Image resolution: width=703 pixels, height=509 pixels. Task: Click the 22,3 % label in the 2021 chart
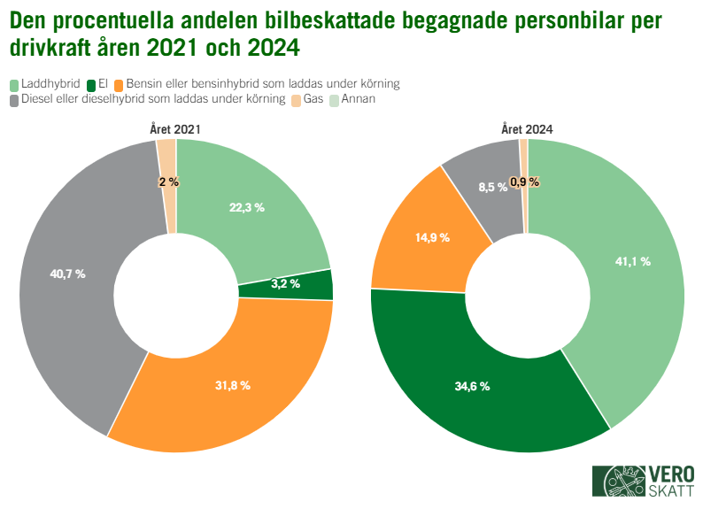247,207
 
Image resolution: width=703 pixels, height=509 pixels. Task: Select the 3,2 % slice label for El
285,284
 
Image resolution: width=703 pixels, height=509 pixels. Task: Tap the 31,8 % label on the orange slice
233,385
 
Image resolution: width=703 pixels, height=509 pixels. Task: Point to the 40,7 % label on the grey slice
67,274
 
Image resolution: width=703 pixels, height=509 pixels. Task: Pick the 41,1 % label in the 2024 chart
632,261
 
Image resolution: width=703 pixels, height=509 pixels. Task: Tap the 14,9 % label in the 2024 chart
432,237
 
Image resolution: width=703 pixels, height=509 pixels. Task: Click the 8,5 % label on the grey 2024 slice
492,187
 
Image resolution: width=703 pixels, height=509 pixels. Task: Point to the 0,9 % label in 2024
524,181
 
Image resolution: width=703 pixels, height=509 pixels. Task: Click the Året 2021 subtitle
174,129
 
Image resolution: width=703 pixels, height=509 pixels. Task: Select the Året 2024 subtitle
527,129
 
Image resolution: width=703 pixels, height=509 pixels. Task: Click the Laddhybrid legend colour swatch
14,84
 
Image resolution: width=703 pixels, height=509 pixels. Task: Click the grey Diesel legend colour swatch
14,100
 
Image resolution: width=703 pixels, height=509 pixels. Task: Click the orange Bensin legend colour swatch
120,84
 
